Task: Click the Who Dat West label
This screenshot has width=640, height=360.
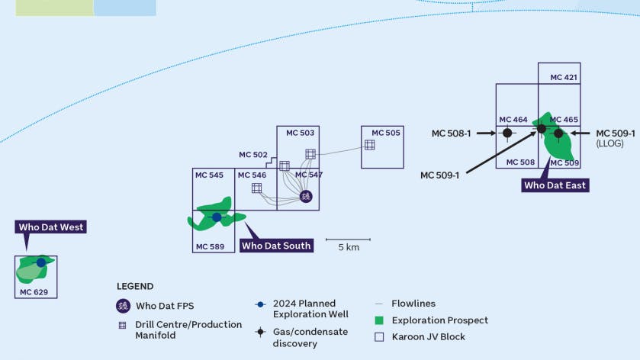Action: (51, 227)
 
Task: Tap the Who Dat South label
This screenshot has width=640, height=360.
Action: (276, 246)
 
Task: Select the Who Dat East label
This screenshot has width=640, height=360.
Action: (556, 185)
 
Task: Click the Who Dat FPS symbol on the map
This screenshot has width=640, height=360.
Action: (306, 196)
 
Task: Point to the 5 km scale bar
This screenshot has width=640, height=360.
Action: (349, 240)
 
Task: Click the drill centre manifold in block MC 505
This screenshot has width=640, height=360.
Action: (369, 144)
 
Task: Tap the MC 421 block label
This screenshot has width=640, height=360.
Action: (564, 77)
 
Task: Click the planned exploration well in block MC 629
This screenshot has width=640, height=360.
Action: (41, 262)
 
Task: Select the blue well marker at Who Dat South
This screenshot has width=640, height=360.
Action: (217, 217)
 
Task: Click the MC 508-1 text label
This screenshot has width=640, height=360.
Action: (451, 133)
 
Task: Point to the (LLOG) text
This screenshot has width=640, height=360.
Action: (610, 143)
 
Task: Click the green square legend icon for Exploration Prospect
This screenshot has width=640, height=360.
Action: (380, 320)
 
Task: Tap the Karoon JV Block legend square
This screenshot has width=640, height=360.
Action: (380, 336)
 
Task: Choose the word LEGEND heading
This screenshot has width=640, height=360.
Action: (135, 287)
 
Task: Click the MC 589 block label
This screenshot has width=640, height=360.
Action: (210, 246)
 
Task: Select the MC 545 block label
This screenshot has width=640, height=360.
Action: (209, 175)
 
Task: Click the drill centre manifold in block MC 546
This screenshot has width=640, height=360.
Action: (256, 188)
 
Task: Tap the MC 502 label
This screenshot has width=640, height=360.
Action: (253, 155)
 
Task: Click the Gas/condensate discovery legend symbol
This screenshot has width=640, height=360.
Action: (260, 332)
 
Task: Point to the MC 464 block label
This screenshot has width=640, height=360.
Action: (513, 120)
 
